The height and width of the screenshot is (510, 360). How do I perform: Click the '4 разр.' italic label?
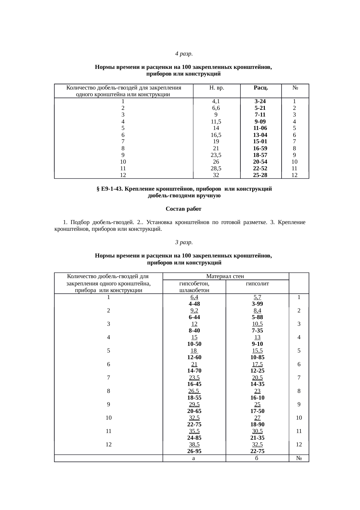(184, 54)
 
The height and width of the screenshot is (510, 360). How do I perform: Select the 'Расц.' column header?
(261, 87)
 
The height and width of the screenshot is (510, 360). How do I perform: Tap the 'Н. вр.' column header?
(217, 87)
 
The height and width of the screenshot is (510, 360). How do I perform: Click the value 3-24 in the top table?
(260, 101)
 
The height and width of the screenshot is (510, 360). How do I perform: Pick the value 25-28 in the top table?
(260, 175)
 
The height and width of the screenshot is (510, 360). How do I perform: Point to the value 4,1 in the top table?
(216, 101)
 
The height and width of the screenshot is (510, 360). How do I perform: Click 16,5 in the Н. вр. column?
(216, 135)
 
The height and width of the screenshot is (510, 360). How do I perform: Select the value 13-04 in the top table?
(260, 135)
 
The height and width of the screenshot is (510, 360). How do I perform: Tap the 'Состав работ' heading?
(183, 209)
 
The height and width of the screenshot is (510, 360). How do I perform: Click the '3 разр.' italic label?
(184, 242)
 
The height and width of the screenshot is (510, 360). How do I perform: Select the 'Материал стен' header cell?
(225, 276)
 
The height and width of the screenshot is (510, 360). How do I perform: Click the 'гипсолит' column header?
(257, 283)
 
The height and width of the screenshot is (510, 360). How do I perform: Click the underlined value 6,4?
(194, 297)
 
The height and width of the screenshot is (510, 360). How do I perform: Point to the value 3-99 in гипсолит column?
(257, 304)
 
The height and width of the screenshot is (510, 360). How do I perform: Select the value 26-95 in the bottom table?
(194, 451)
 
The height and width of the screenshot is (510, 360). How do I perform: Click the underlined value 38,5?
(194, 444)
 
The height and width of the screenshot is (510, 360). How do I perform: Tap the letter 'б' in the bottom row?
(257, 458)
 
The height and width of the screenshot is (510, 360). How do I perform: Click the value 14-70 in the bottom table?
(194, 371)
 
